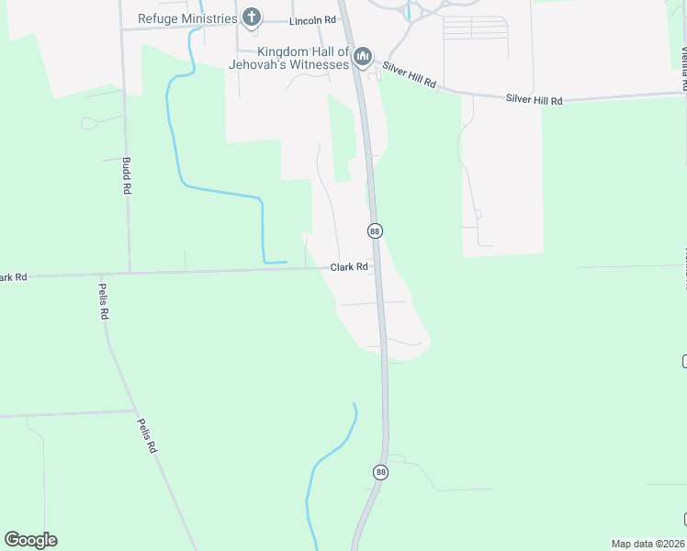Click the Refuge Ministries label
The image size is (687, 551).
click(188, 17)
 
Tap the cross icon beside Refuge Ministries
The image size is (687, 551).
click(252, 17)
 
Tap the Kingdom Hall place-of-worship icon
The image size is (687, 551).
click(363, 58)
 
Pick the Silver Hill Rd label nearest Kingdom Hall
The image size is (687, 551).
click(411, 75)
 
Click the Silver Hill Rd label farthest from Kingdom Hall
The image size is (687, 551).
click(534, 99)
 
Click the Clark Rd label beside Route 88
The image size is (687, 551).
click(349, 267)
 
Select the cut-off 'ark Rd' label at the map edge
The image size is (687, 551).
click(14, 276)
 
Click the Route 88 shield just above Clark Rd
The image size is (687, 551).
click(375, 231)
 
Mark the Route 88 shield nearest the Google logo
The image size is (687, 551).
click(381, 472)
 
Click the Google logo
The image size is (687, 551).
click(30, 540)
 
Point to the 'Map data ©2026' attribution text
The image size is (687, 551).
click(648, 544)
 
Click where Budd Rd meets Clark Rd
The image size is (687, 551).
click(128, 272)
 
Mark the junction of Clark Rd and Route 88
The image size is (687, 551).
click(378, 267)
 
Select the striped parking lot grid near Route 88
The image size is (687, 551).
click(475, 28)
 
